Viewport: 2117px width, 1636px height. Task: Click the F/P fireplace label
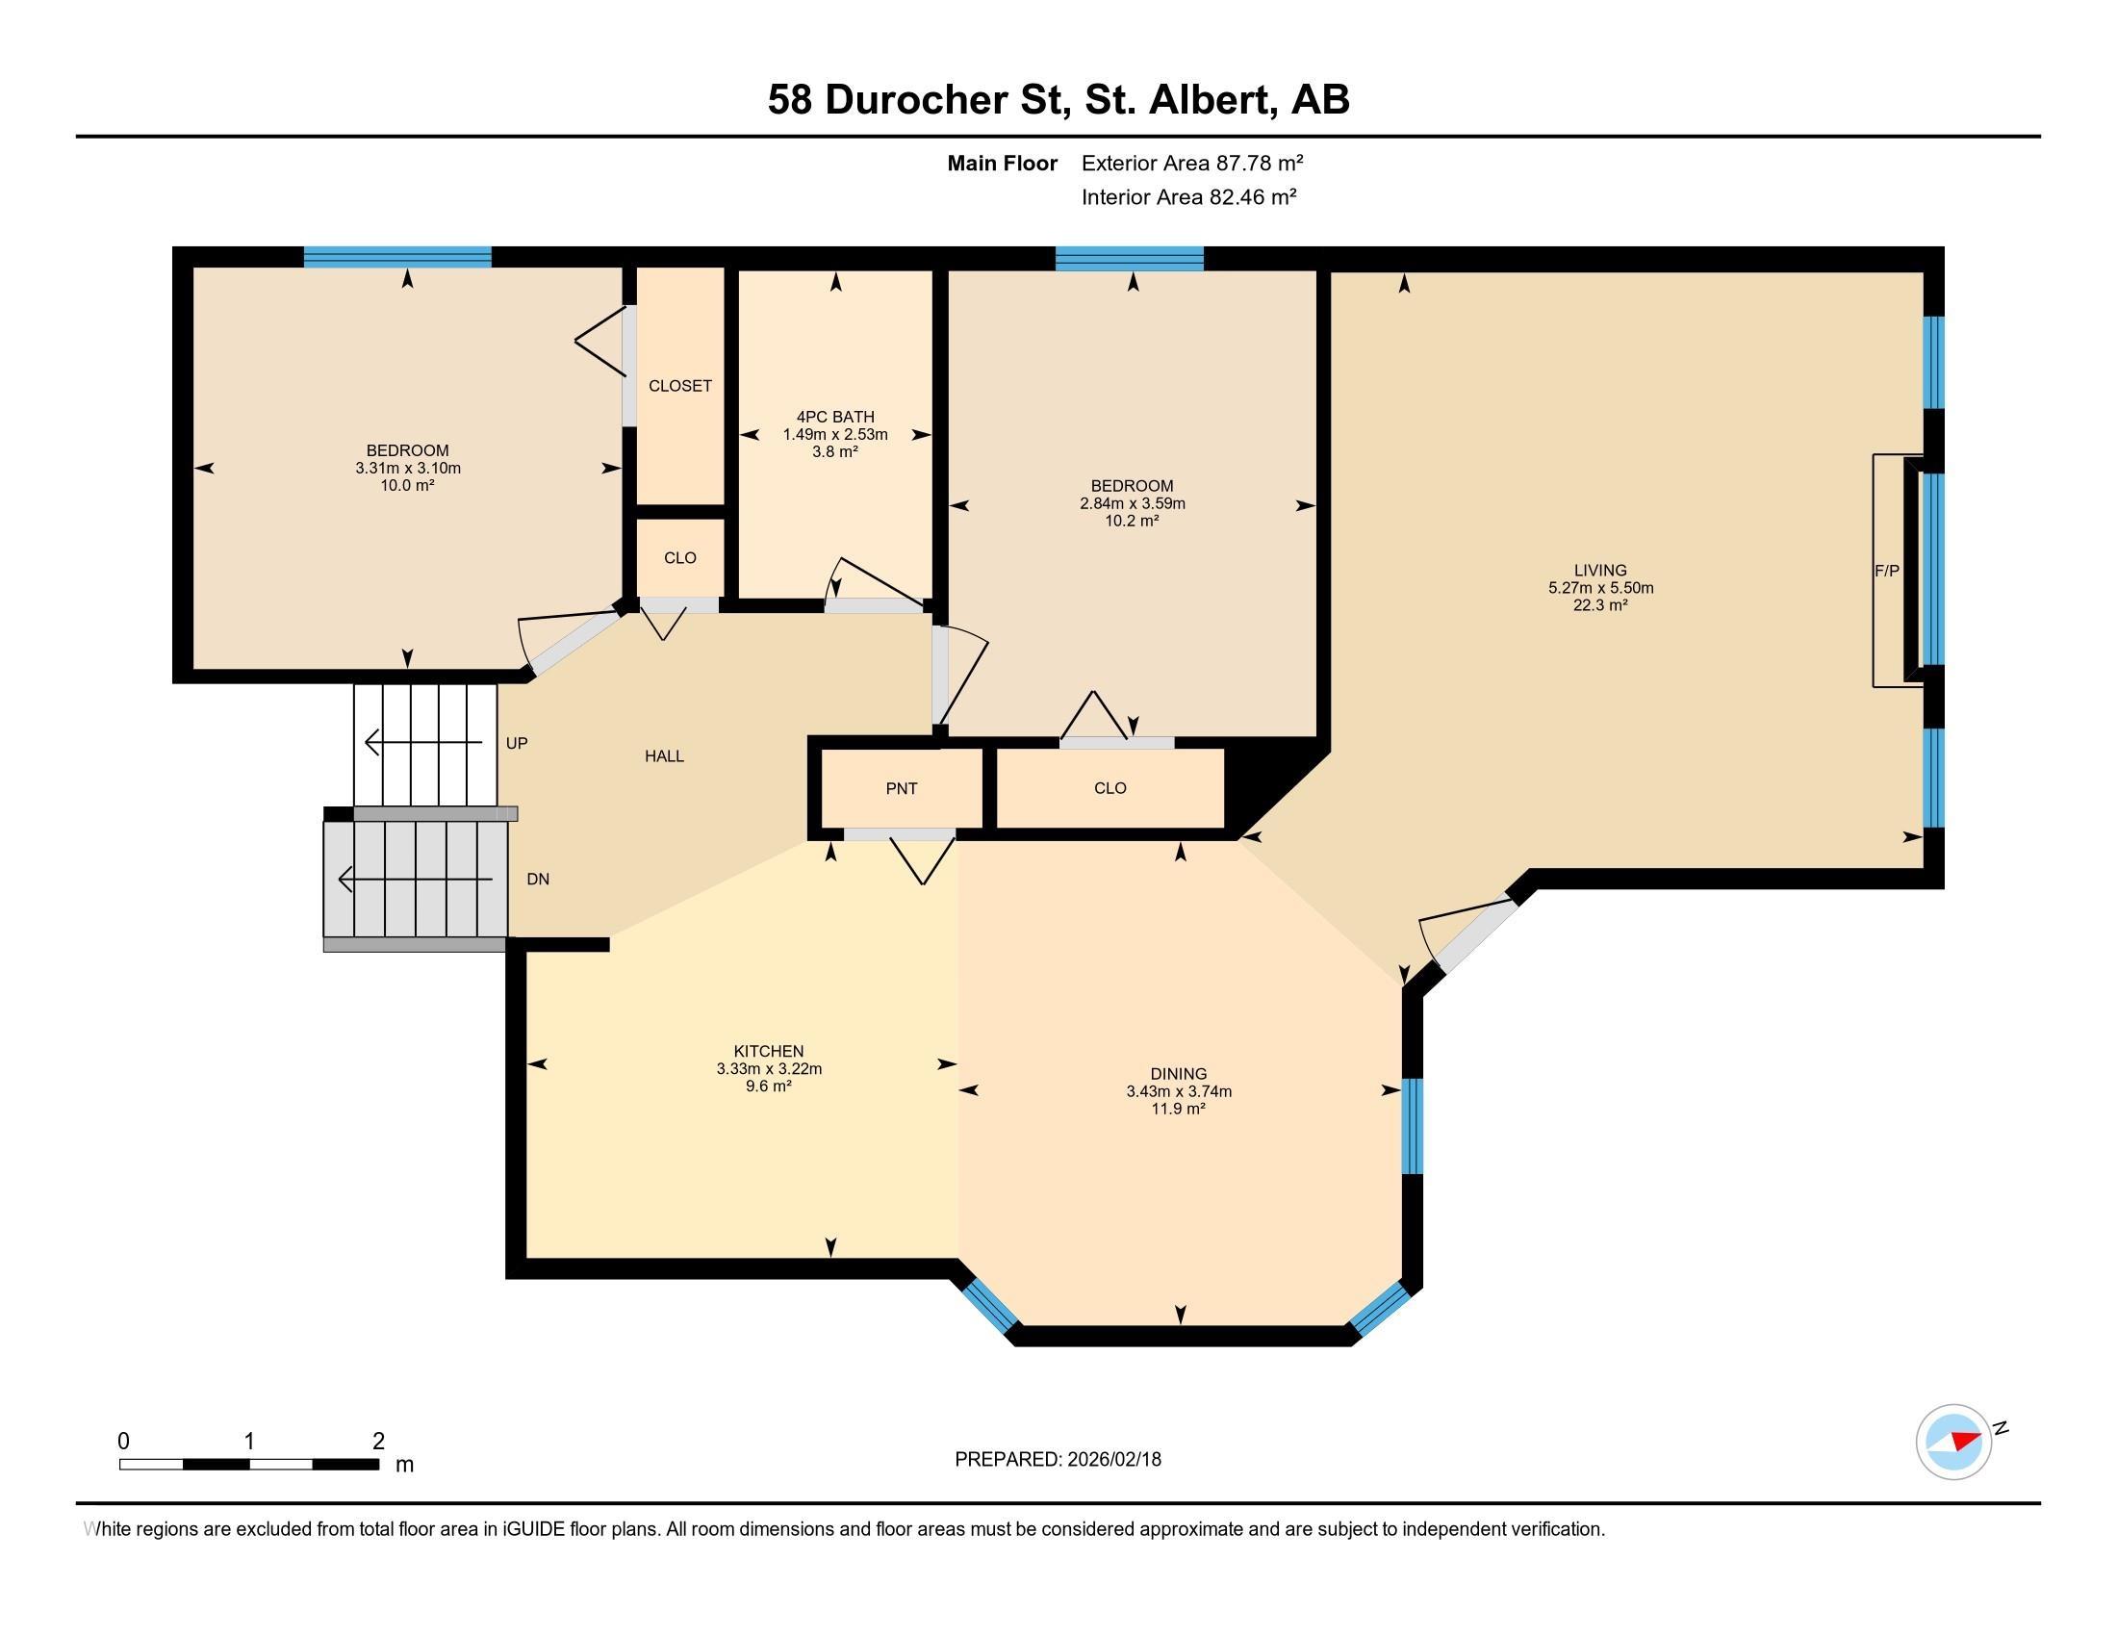click(1886, 571)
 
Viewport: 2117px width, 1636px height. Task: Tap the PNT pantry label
click(901, 788)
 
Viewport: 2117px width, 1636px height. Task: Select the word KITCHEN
click(768, 1051)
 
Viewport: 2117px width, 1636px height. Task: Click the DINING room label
click(1178, 1073)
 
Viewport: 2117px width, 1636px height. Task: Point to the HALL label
click(664, 756)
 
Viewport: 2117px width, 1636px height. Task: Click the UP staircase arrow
click(422, 742)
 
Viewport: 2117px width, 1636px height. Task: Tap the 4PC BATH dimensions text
click(834, 434)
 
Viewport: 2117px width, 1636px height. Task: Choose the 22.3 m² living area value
click(1599, 604)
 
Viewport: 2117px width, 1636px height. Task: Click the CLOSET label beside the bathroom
click(679, 386)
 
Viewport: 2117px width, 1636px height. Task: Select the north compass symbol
click(1953, 1442)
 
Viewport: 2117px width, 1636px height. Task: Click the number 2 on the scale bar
click(378, 1442)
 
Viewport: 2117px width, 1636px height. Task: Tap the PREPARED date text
click(1058, 1460)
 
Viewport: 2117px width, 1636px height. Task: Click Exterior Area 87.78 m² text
click(1191, 163)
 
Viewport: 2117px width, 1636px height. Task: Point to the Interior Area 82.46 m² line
click(1188, 196)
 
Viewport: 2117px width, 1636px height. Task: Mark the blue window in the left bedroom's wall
click(397, 257)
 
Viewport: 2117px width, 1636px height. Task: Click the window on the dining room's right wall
click(1413, 1125)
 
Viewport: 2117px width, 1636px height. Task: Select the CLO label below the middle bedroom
click(1110, 788)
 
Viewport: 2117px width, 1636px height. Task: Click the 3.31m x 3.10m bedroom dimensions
click(407, 468)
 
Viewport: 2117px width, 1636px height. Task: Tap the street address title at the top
click(1058, 99)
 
